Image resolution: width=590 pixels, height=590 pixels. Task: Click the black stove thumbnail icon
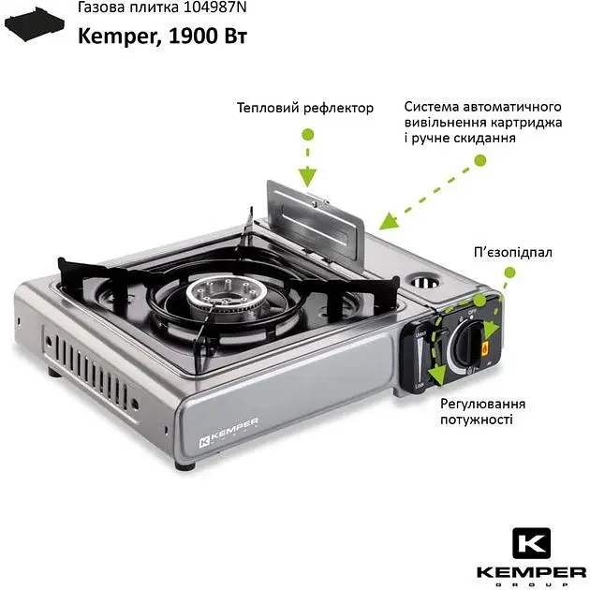35,24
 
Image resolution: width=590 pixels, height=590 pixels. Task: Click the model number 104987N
214,7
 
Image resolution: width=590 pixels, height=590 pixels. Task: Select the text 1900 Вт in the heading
208,37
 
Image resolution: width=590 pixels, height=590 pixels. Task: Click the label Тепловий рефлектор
305,108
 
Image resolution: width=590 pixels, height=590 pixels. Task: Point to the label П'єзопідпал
513,252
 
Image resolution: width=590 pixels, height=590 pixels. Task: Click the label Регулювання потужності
482,412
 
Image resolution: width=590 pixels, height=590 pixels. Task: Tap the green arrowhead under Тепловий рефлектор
307,177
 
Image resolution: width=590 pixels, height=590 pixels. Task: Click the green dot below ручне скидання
480,161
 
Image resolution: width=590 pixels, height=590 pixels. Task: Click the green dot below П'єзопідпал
509,273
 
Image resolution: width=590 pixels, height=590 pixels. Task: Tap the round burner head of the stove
222,295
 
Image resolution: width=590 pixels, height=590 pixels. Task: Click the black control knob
468,343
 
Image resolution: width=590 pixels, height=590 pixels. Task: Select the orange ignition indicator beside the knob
485,348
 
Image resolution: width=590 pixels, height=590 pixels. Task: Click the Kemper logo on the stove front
228,433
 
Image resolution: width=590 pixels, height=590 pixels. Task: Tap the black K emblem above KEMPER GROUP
531,543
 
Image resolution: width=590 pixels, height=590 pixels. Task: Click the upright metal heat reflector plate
316,220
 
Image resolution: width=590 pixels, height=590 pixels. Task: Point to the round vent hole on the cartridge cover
424,281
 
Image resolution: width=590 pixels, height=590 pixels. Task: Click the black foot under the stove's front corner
185,465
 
